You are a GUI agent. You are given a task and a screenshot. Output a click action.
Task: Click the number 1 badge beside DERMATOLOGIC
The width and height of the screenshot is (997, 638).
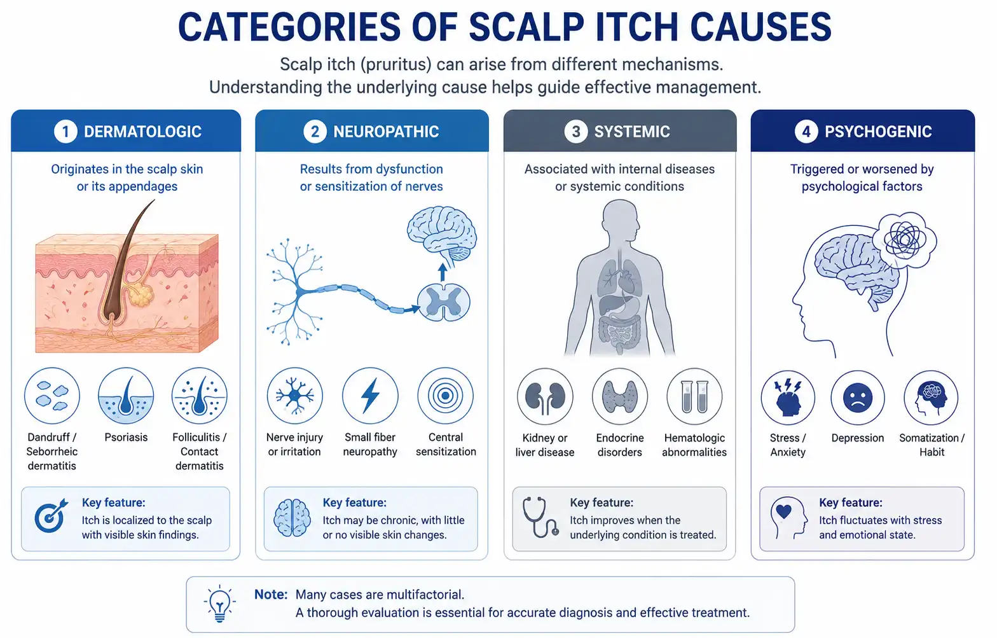click(65, 132)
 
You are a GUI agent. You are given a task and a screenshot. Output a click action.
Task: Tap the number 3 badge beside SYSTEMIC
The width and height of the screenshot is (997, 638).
click(576, 132)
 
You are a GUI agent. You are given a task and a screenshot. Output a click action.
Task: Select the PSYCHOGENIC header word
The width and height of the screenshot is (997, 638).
click(878, 132)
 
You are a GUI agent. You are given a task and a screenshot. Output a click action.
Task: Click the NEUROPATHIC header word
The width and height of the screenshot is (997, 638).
click(386, 132)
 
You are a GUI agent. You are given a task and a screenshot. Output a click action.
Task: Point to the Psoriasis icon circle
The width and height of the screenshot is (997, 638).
click(126, 396)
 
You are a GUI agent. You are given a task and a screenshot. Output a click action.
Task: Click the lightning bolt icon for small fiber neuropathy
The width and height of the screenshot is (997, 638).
click(370, 396)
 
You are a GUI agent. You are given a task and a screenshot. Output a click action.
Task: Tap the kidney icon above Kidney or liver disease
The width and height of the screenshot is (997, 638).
click(545, 397)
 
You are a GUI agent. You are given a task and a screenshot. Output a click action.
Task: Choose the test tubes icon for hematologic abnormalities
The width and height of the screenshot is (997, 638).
click(694, 396)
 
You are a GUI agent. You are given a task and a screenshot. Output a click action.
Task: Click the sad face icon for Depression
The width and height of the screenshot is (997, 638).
click(858, 398)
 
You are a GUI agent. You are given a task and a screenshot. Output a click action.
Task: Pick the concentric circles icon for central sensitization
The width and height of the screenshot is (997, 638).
click(446, 396)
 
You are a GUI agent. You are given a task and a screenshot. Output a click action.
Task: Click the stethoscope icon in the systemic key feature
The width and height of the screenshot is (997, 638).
click(540, 517)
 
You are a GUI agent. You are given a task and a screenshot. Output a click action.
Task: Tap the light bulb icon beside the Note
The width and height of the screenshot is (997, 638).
click(219, 604)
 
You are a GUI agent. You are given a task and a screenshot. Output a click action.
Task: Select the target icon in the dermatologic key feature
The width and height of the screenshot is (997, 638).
click(51, 516)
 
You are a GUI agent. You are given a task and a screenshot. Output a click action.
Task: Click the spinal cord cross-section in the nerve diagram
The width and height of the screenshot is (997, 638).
click(443, 303)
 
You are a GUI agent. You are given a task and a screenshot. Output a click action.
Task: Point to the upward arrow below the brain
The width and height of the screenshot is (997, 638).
click(442, 272)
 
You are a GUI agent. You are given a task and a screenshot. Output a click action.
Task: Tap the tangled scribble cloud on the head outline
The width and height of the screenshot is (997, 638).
click(904, 241)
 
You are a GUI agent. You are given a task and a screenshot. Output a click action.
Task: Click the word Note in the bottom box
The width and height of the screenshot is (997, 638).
click(271, 594)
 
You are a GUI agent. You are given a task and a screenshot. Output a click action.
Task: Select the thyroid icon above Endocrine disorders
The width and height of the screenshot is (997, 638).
click(619, 396)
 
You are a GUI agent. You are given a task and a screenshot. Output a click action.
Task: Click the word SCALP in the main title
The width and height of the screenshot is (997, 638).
click(526, 27)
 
